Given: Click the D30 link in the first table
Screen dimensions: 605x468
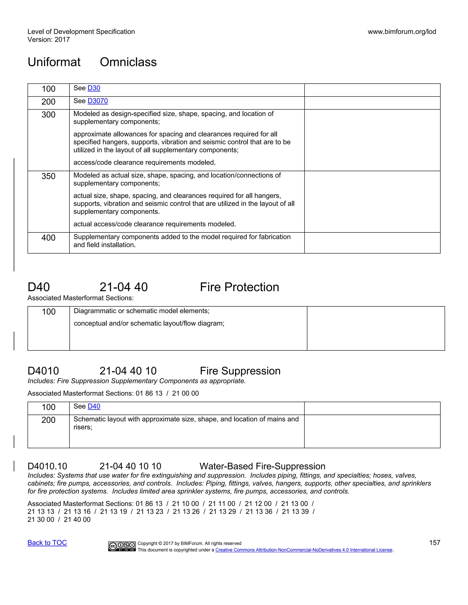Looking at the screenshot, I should [94, 88].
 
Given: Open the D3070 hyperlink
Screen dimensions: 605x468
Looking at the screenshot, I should [98, 101].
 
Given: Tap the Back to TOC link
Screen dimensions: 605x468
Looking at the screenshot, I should [47, 543].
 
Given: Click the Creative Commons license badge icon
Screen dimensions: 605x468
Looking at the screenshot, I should [122, 546].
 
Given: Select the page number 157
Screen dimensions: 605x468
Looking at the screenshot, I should [434, 543].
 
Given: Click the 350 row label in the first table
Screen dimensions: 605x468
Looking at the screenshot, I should [48, 176].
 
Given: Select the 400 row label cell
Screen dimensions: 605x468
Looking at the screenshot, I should [48, 238].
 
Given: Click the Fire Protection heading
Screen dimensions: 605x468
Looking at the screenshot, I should [239, 287].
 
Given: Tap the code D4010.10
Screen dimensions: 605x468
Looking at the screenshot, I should [47, 466].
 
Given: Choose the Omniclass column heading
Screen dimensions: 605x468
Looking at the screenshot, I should [128, 62].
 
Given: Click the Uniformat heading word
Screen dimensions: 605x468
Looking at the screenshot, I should [54, 62].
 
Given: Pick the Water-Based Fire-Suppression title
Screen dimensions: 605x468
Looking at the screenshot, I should [262, 466].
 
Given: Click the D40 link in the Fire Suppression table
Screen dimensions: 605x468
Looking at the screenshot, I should [94, 406].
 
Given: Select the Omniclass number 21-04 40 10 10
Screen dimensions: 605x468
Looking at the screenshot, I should [130, 466].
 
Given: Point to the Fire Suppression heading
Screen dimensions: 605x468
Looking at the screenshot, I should [240, 371].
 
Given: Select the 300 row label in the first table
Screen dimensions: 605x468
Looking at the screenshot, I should [48, 115].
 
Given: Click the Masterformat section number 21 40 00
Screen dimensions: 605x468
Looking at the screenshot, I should [77, 519].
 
